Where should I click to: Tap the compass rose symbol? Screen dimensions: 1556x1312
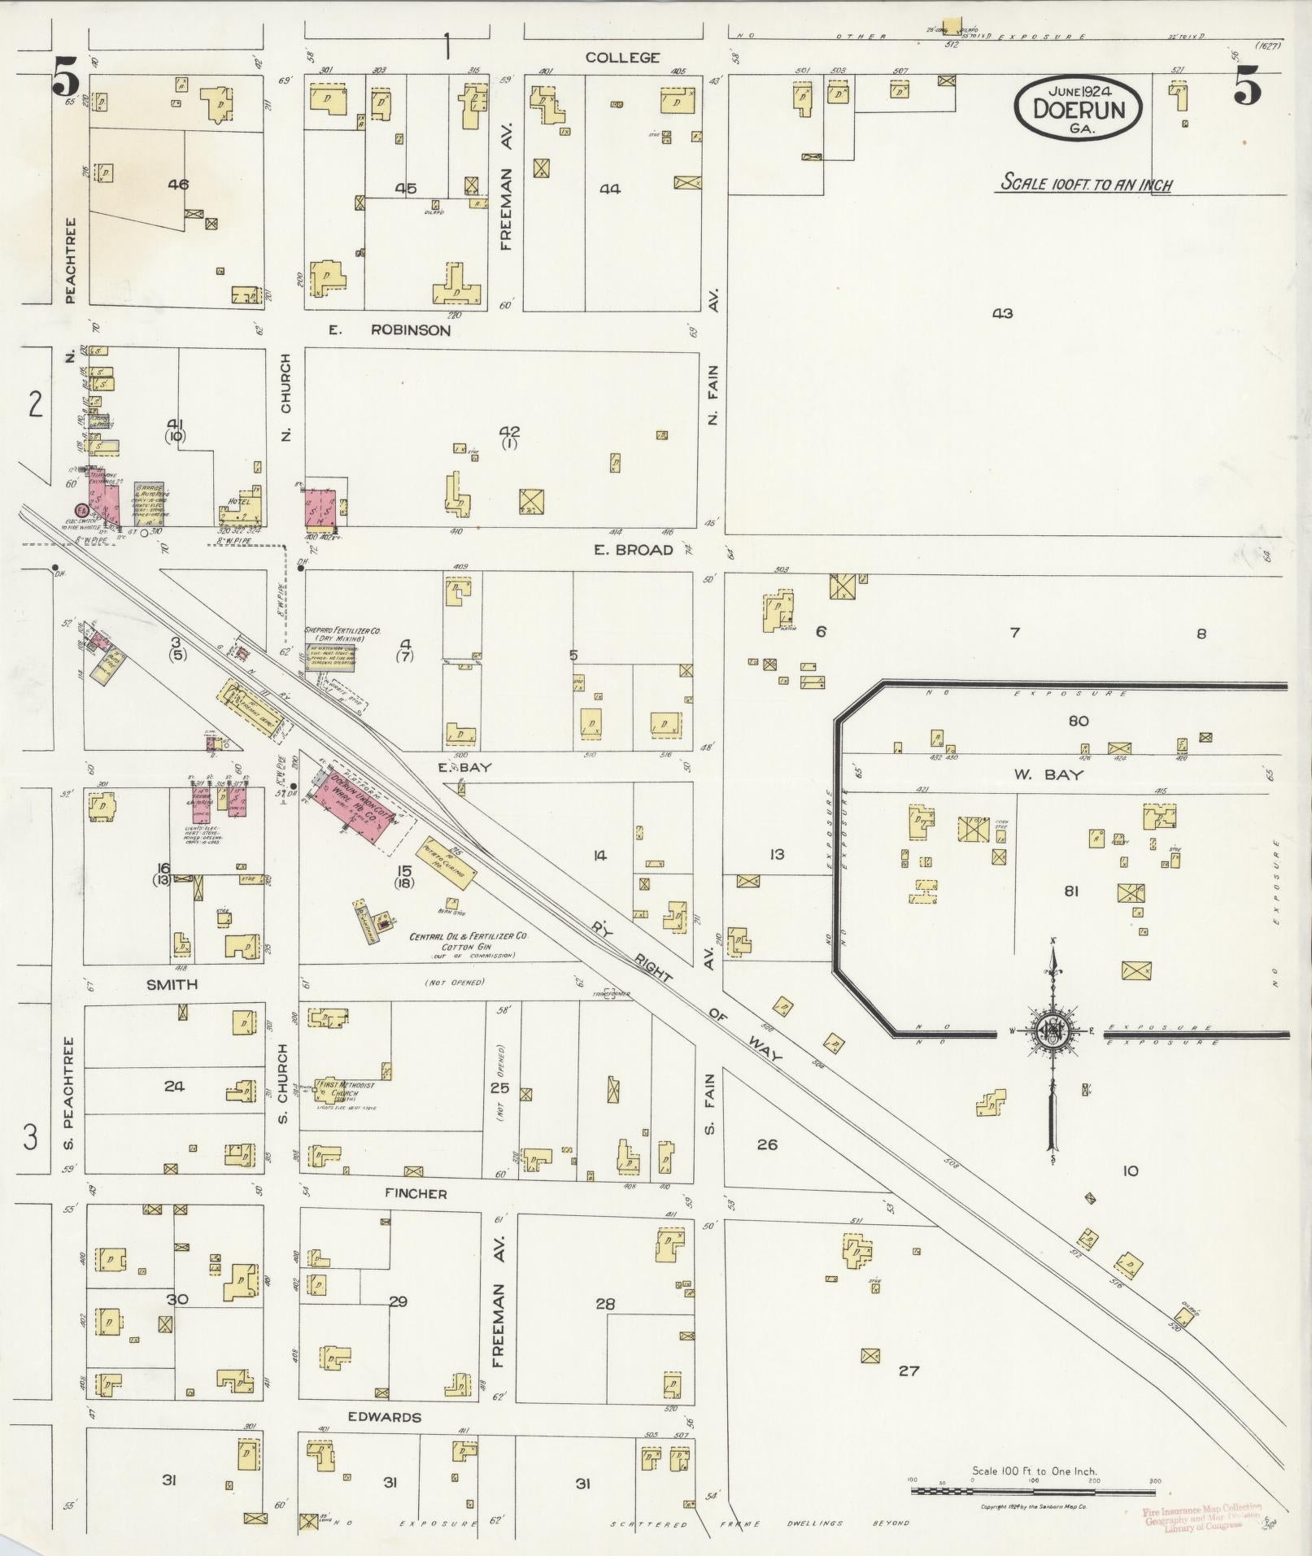(x=1052, y=1032)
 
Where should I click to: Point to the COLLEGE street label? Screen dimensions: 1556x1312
(x=623, y=58)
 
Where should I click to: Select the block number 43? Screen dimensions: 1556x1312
(x=1002, y=314)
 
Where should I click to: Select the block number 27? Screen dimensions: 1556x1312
(x=909, y=1371)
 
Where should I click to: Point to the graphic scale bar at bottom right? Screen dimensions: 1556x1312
(x=1033, y=1491)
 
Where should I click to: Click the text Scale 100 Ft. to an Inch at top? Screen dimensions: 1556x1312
(x=1085, y=184)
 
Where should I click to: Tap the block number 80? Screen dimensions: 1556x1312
(x=1079, y=721)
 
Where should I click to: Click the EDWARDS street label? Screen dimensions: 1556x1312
(x=384, y=1417)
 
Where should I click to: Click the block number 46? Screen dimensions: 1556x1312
(x=178, y=185)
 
